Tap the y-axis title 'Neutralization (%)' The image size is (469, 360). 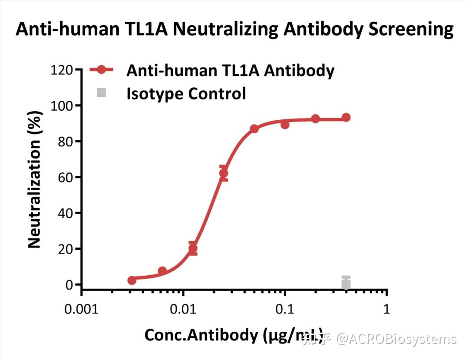point(34,180)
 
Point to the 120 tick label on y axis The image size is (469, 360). point(62,69)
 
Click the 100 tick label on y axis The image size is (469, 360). point(62,106)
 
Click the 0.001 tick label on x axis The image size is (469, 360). point(82,309)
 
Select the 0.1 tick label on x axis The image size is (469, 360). point(284,309)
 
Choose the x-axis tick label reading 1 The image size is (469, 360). point(386,309)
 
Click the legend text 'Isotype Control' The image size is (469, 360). point(186,93)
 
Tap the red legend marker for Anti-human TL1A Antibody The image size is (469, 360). point(101,70)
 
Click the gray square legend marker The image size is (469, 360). point(101,92)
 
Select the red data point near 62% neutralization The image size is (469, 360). point(223,174)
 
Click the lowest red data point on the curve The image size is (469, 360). point(132,281)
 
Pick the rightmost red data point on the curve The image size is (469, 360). point(346,117)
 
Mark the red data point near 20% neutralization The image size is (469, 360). point(193,249)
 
